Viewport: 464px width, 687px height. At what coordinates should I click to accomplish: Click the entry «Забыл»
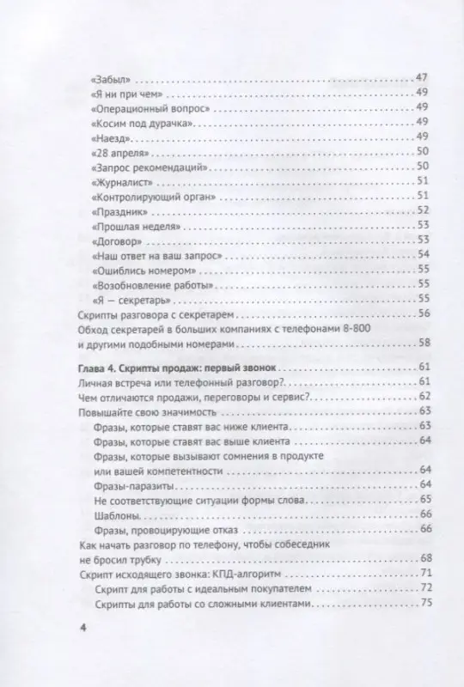click(x=107, y=77)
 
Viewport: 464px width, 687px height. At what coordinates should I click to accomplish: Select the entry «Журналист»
click(x=120, y=182)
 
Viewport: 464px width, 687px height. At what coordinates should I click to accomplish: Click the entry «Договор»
click(x=113, y=241)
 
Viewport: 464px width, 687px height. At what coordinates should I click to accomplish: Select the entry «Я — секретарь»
click(x=125, y=300)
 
